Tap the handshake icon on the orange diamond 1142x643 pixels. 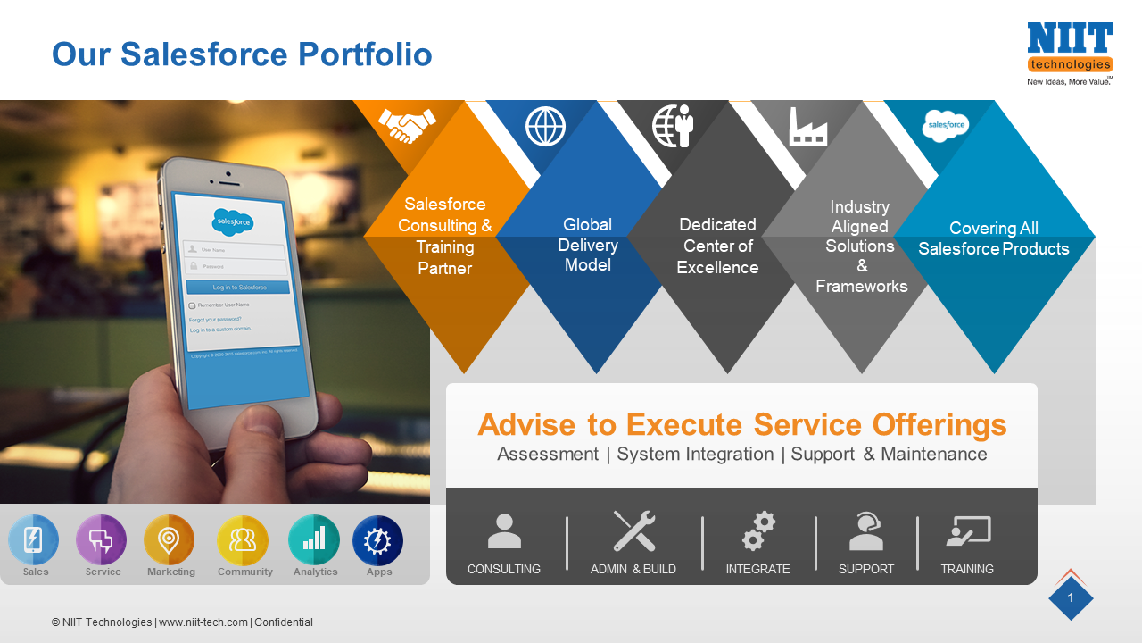pos(407,125)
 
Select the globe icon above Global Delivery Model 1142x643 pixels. pos(545,126)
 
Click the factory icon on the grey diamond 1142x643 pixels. pos(808,127)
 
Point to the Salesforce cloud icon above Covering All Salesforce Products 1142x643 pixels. pos(946,125)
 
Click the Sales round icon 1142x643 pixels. pos(34,540)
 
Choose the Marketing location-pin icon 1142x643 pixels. pos(169,540)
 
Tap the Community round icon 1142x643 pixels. pos(243,540)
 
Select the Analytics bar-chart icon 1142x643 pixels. pos(314,540)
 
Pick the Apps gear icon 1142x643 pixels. pos(378,540)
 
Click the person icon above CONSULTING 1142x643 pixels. pos(504,531)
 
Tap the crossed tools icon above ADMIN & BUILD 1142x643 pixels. pos(634,531)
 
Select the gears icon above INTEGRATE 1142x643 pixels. pos(758,531)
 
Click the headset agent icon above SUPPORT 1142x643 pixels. pos(865,531)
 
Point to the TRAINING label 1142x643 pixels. pos(967,569)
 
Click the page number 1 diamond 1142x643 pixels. pos(1071,598)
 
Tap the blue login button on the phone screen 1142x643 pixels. pos(238,287)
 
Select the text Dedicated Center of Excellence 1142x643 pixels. pos(718,246)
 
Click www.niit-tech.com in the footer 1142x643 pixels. pos(203,622)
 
